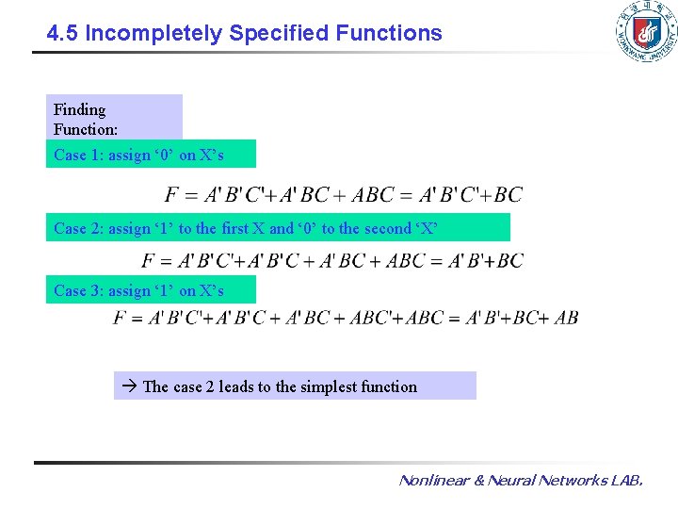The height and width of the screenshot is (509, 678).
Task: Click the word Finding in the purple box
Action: tap(80, 109)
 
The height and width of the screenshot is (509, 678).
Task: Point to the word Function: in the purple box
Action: tap(86, 129)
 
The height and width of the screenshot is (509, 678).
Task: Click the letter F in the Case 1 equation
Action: tap(172, 195)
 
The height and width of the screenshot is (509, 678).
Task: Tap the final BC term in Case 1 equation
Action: tap(508, 195)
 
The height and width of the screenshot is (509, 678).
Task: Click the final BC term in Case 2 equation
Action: tap(508, 260)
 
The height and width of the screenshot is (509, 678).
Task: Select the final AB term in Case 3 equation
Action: tap(566, 318)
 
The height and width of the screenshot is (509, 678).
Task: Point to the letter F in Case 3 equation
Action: tap(120, 318)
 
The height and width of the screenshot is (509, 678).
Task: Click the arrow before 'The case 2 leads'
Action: tap(131, 386)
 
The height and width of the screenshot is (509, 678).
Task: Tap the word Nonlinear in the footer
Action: tap(433, 481)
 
